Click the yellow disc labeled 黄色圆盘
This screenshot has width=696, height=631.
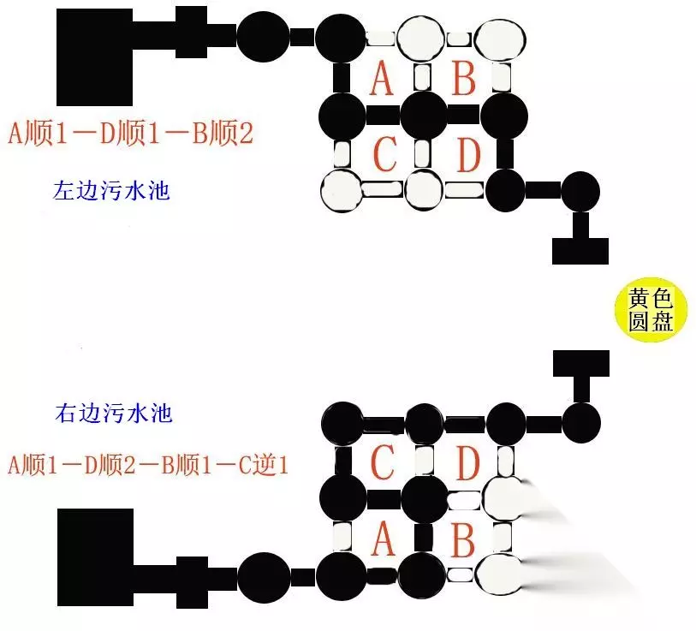point(651,310)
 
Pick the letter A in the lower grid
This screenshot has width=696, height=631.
point(383,539)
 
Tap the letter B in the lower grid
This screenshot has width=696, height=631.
point(463,539)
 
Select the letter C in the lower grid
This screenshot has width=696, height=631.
point(382,462)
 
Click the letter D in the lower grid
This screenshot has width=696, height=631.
point(468,462)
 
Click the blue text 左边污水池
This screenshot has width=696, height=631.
point(111,191)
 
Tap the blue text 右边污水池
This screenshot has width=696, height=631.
point(114,413)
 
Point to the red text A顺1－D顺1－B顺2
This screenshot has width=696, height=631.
point(130,134)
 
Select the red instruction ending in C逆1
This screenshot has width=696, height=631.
point(148,466)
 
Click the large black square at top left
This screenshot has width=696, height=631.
point(94,57)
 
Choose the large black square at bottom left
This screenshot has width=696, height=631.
point(95,557)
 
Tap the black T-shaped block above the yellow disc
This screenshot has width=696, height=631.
point(580,240)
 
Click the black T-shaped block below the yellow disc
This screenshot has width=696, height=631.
point(581,375)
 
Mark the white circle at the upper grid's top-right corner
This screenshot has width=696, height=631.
point(500,39)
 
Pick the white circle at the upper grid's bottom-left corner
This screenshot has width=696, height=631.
point(342,191)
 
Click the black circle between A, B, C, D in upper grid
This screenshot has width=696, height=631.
point(424,115)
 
